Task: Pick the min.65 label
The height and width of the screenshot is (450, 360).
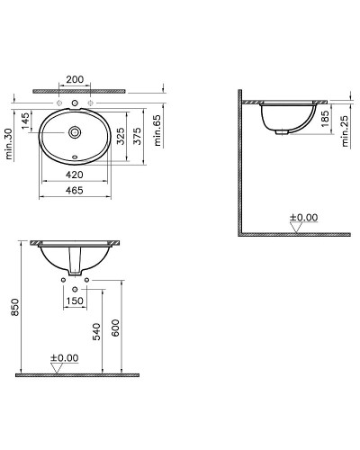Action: [158, 131]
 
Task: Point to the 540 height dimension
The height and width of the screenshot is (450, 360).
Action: [98, 335]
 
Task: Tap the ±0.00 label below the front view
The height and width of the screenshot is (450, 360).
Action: [64, 357]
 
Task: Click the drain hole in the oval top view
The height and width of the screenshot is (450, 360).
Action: [74, 132]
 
